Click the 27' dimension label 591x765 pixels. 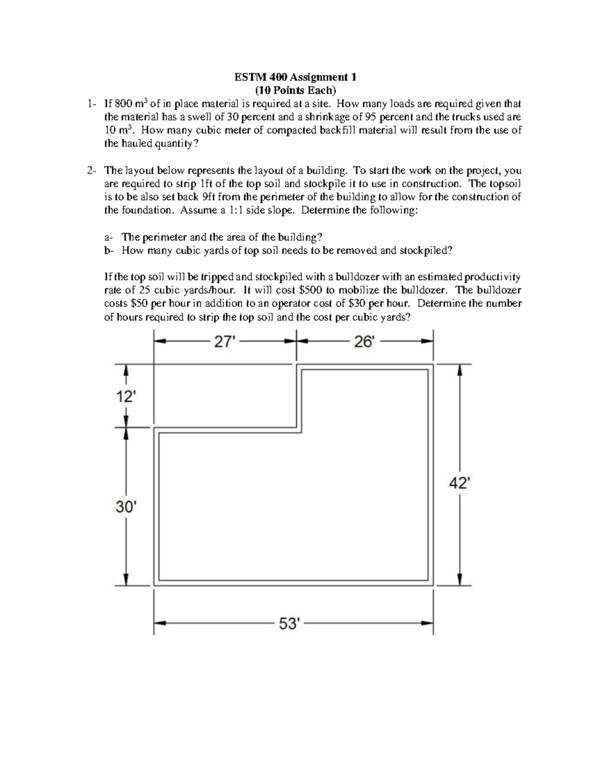point(223,342)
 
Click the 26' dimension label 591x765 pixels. point(364,342)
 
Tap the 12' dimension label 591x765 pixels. point(125,397)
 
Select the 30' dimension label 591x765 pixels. point(125,506)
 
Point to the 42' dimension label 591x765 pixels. point(459,484)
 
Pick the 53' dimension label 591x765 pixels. point(289,624)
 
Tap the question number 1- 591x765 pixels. point(92,104)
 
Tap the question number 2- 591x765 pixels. point(92,170)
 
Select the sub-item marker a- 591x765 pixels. point(109,237)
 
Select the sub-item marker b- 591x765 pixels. point(109,250)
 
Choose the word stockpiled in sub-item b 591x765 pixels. point(425,250)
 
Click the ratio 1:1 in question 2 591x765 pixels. point(235,210)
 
